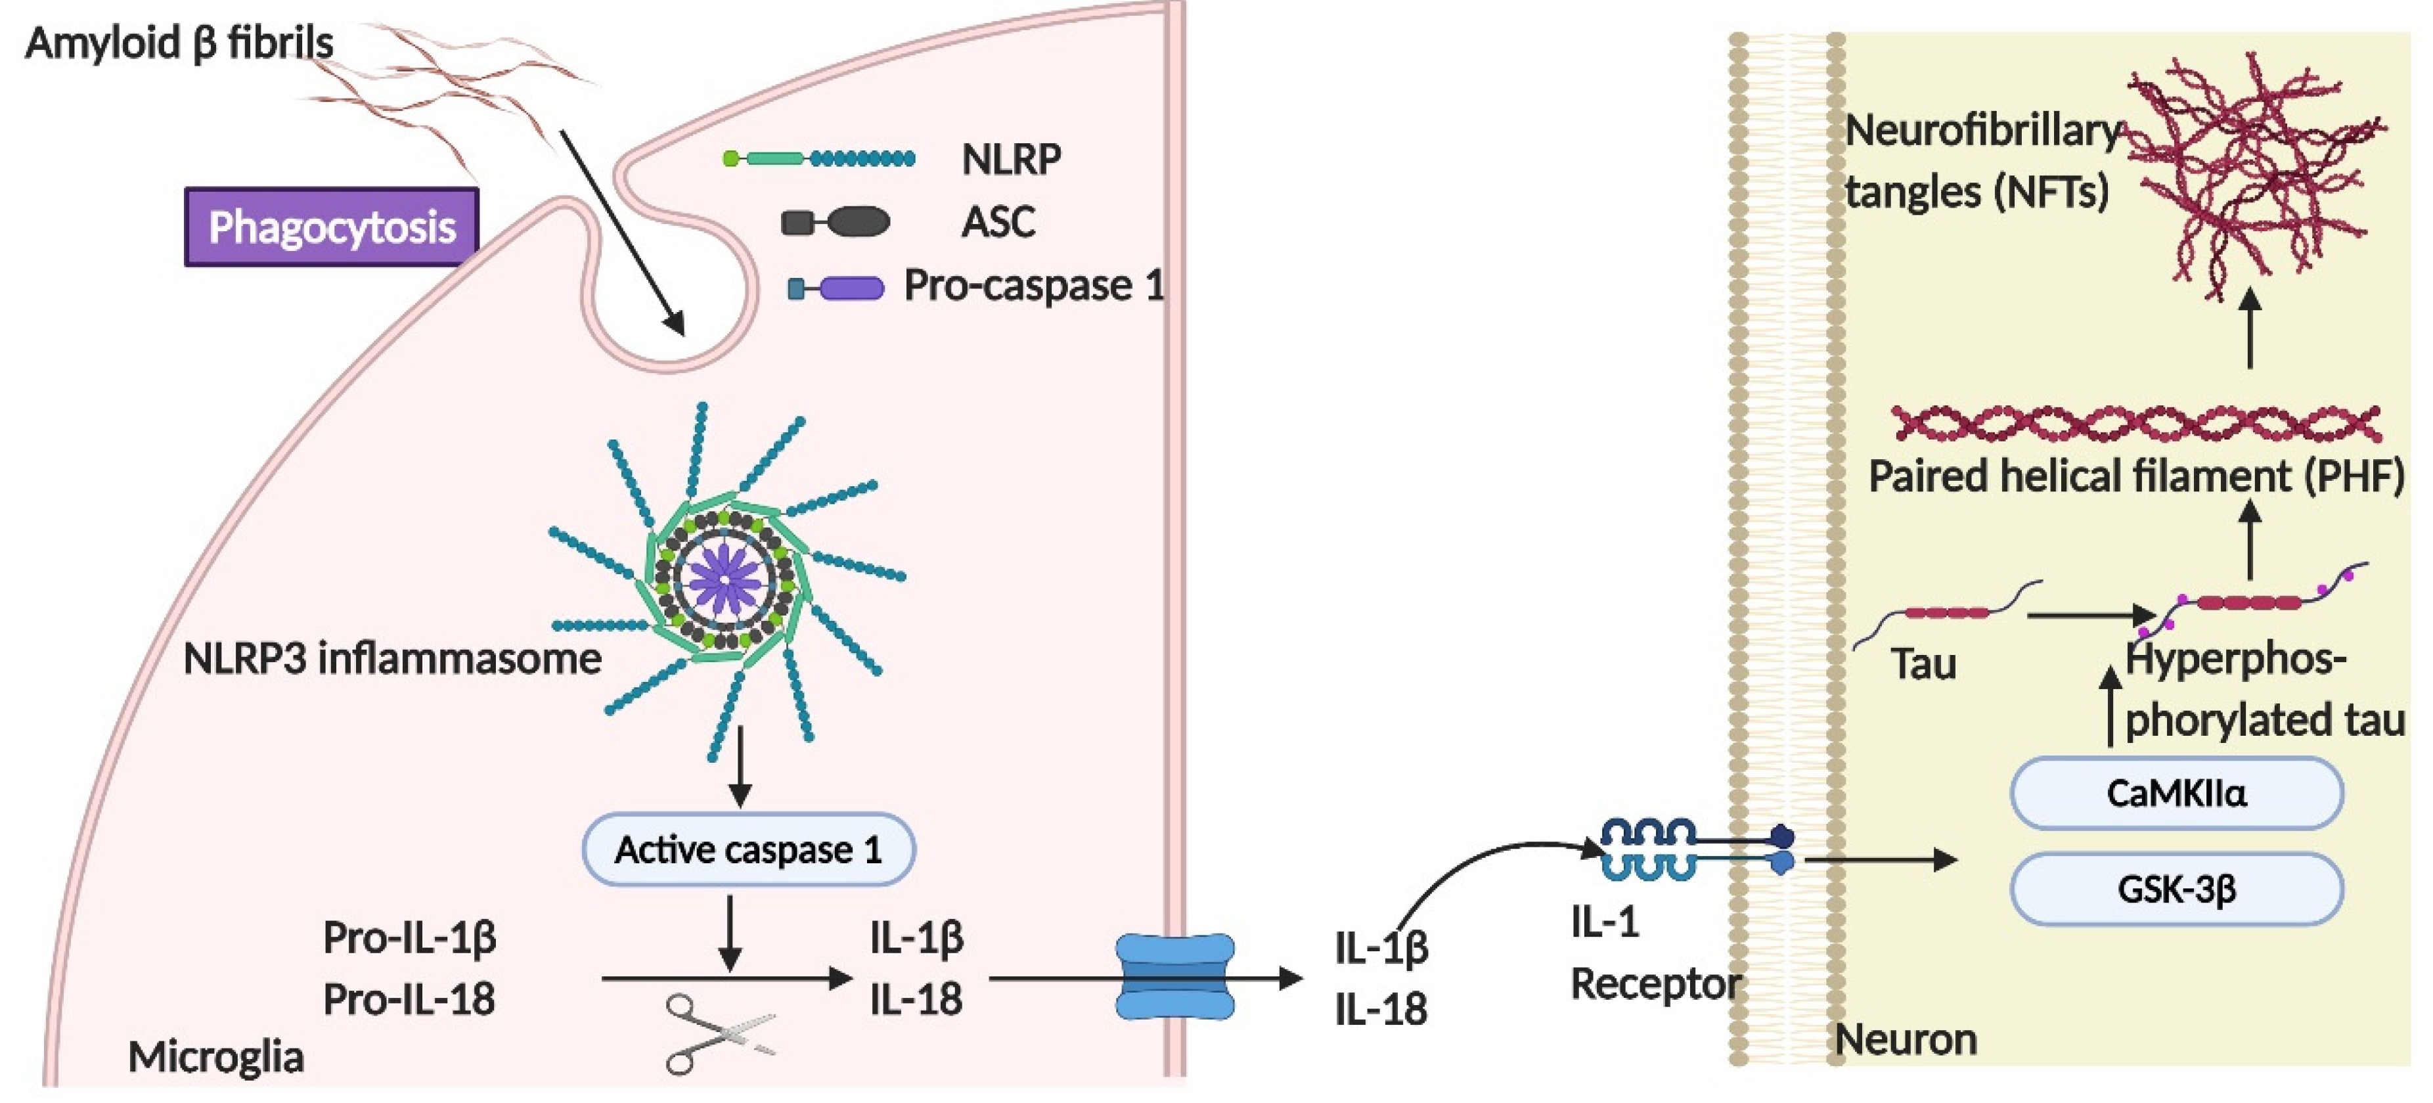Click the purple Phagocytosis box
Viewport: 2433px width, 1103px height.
tap(332, 227)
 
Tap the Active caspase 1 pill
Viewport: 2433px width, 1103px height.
tap(748, 849)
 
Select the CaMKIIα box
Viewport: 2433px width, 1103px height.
tap(2176, 794)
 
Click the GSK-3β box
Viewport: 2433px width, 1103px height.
tap(2176, 889)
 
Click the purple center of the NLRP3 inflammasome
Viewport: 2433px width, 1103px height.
tap(725, 579)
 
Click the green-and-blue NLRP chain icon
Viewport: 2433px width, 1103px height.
tap(818, 159)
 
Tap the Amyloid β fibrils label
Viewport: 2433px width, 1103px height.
tap(179, 43)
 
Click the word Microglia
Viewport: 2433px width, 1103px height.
tap(215, 1057)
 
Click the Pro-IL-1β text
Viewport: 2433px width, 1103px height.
tap(409, 937)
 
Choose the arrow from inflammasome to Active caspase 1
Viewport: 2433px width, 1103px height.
tap(740, 765)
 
